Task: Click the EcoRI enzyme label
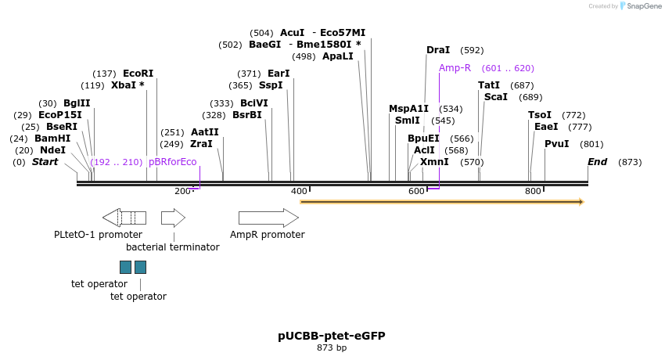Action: (x=138, y=74)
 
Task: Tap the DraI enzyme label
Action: (x=438, y=50)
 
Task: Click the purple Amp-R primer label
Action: (x=455, y=68)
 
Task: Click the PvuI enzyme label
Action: (x=556, y=144)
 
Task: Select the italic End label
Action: (x=597, y=162)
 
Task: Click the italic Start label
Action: (x=45, y=162)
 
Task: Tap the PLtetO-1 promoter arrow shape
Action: (x=124, y=218)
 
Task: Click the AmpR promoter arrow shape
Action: (x=268, y=218)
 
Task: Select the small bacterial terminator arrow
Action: (x=173, y=218)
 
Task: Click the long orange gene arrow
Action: (x=442, y=202)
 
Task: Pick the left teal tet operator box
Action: (x=125, y=267)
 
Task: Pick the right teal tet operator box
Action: (x=140, y=267)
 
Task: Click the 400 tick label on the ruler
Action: (x=298, y=192)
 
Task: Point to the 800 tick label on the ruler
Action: (x=533, y=192)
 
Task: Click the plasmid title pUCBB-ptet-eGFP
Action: (x=332, y=336)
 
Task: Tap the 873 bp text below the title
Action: (x=332, y=347)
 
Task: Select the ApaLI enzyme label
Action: (x=337, y=56)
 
